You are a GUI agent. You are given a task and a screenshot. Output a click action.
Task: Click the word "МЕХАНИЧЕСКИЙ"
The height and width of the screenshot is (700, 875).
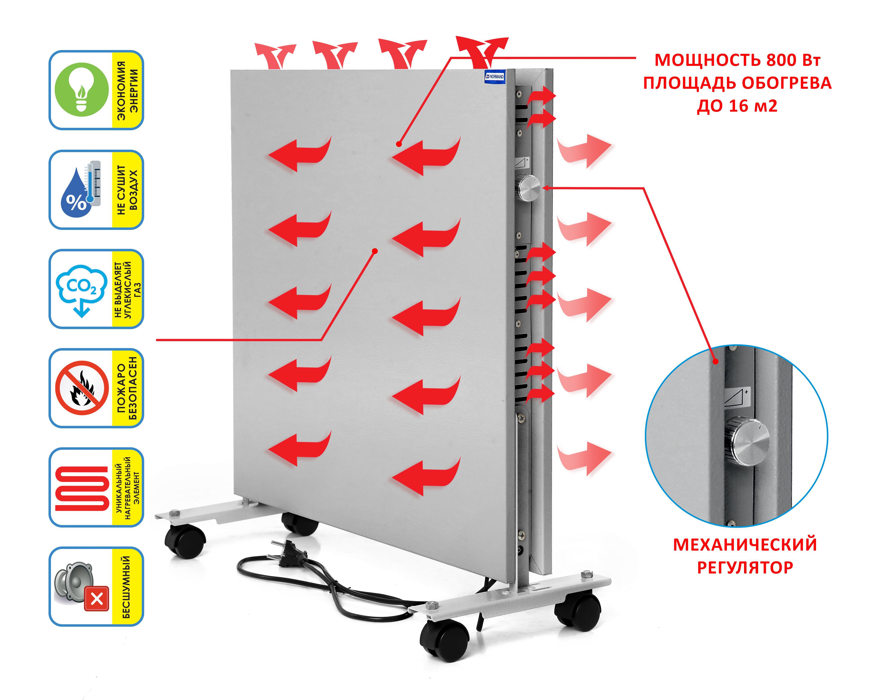(745, 545)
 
